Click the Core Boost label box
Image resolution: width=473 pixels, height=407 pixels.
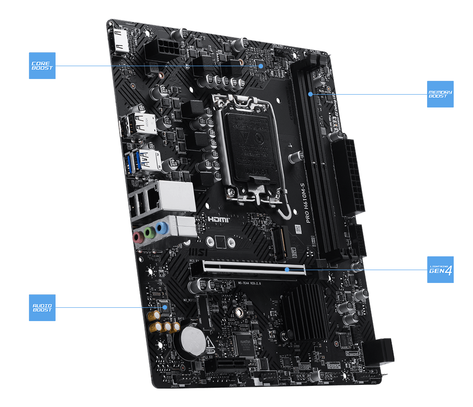[x=42, y=66]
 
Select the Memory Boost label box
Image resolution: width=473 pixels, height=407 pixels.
[x=440, y=94]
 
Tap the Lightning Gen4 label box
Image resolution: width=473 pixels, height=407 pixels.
[x=440, y=270]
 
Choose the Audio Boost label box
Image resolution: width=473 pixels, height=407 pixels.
[x=42, y=307]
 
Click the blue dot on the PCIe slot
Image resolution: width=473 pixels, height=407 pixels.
[x=287, y=270]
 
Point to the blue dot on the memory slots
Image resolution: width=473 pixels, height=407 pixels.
[x=310, y=94]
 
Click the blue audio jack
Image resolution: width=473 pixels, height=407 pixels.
[x=160, y=227]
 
